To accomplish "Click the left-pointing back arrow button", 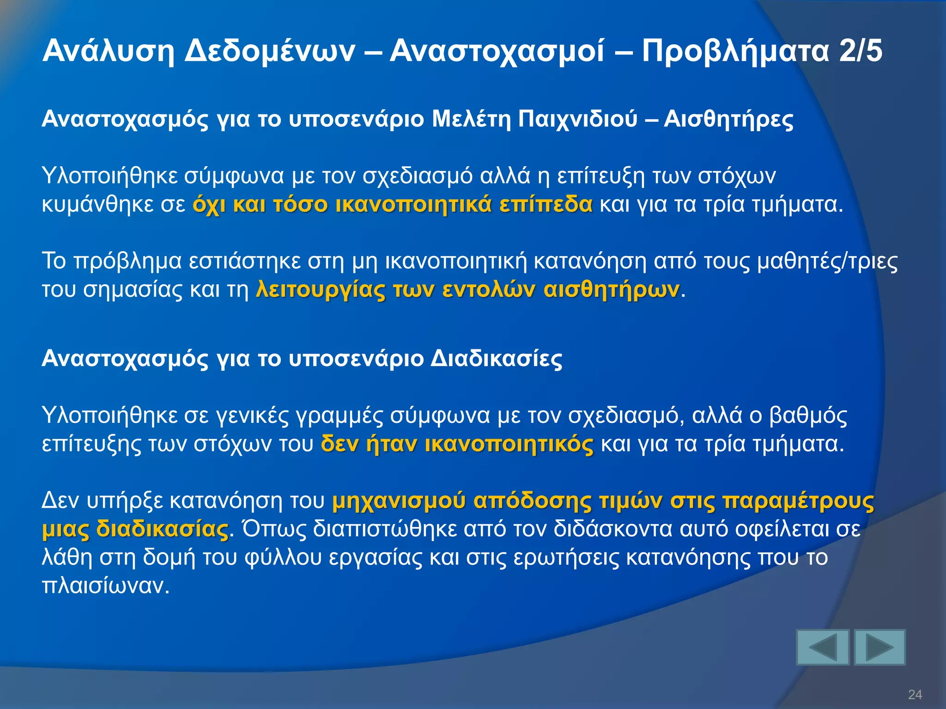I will pos(823,647).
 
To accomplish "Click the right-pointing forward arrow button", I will pos(879,647).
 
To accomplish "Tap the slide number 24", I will pos(915,694).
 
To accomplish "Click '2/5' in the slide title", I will pos(861,51).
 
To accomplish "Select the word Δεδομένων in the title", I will pos(270,51).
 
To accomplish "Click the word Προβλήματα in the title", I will pos(735,51).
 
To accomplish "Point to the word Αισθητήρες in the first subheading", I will pos(728,119).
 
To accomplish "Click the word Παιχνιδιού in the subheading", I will pos(577,119).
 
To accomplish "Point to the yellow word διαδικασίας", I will pos(162,529).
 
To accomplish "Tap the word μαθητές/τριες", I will pos(827,262).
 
